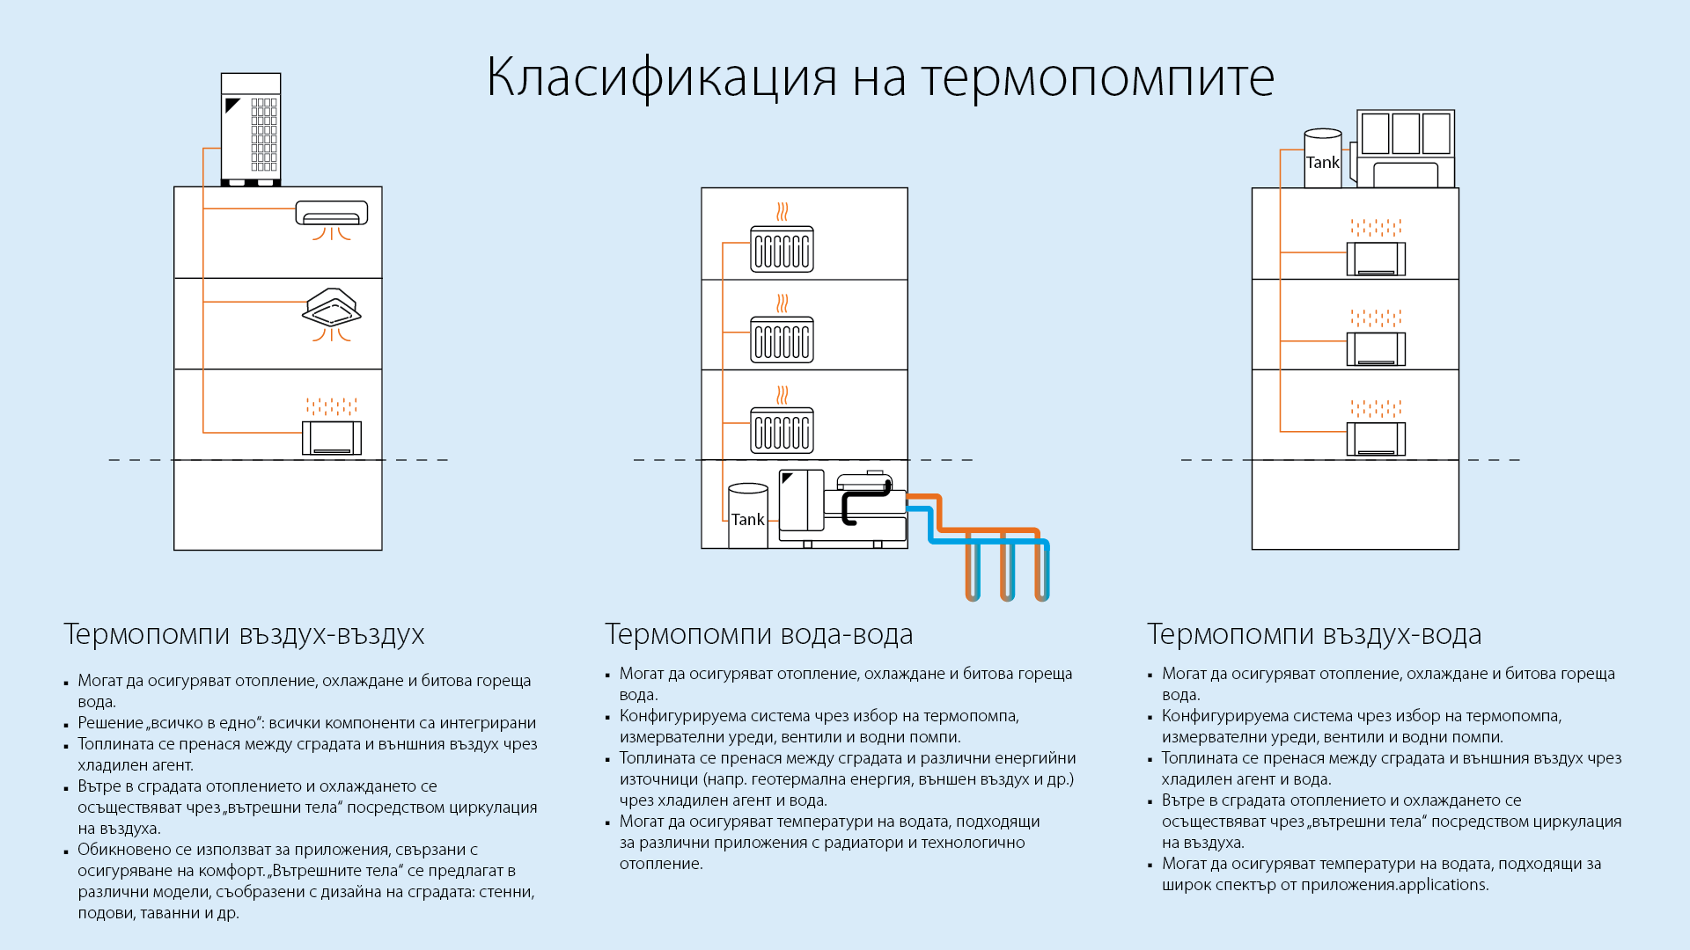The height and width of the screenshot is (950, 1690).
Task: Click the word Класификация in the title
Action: coord(661,77)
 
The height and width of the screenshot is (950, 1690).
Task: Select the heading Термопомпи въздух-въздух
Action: coord(244,634)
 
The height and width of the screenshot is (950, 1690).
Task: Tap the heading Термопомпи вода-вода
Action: coord(759,634)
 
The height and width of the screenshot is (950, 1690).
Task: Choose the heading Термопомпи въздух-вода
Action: coord(1314,634)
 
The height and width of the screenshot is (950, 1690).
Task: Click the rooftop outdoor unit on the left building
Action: coord(251,129)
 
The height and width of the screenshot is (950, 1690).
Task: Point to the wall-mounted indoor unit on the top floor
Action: coord(332,213)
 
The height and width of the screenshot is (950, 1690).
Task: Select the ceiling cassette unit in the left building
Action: coord(332,307)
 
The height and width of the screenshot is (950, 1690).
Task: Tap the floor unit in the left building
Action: coord(332,438)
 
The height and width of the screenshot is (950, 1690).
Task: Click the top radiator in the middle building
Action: coord(782,249)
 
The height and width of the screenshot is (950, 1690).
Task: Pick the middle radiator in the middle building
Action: coord(782,340)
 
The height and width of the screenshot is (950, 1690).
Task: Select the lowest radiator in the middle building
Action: coord(782,431)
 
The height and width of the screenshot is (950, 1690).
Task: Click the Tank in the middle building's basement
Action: coord(748,516)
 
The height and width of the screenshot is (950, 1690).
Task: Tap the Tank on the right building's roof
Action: coord(1323,158)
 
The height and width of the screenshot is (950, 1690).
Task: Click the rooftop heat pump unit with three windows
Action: coord(1406,149)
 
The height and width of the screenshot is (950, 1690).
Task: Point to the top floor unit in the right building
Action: coord(1376,259)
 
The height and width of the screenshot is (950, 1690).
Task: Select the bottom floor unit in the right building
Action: coord(1376,439)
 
